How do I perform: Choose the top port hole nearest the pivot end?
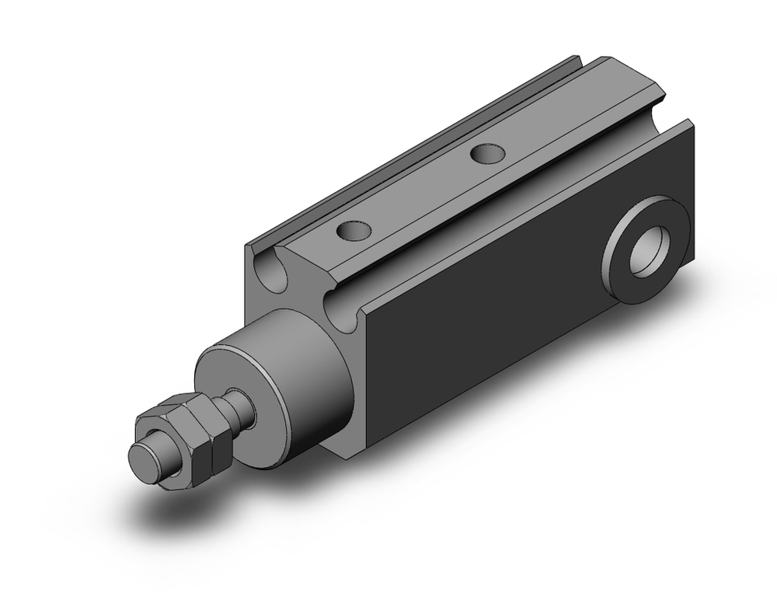[x=487, y=152]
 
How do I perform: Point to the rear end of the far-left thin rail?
[x=577, y=59]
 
